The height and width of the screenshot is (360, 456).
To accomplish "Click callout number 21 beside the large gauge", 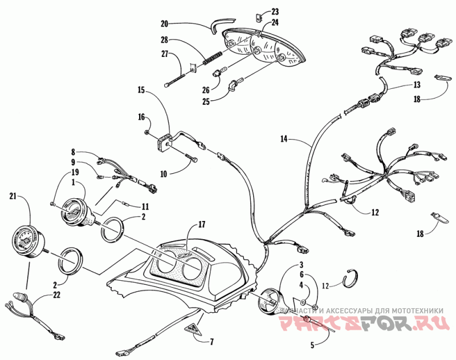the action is [x=13, y=197].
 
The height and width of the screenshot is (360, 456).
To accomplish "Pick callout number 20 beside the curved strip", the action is [x=164, y=24].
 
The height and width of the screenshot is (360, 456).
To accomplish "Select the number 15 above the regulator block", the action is [x=141, y=89].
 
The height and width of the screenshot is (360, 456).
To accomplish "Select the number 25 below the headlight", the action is [x=206, y=101].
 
